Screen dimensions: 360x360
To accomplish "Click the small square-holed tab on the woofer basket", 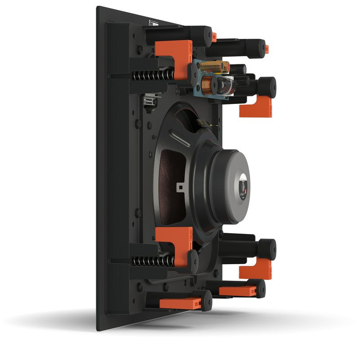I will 181,185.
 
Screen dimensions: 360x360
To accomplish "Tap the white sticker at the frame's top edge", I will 152,22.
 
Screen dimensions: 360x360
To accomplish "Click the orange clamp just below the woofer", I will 177,243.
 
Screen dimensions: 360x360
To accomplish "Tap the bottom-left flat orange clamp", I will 180,303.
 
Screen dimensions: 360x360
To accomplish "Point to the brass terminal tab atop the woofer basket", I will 205,122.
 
